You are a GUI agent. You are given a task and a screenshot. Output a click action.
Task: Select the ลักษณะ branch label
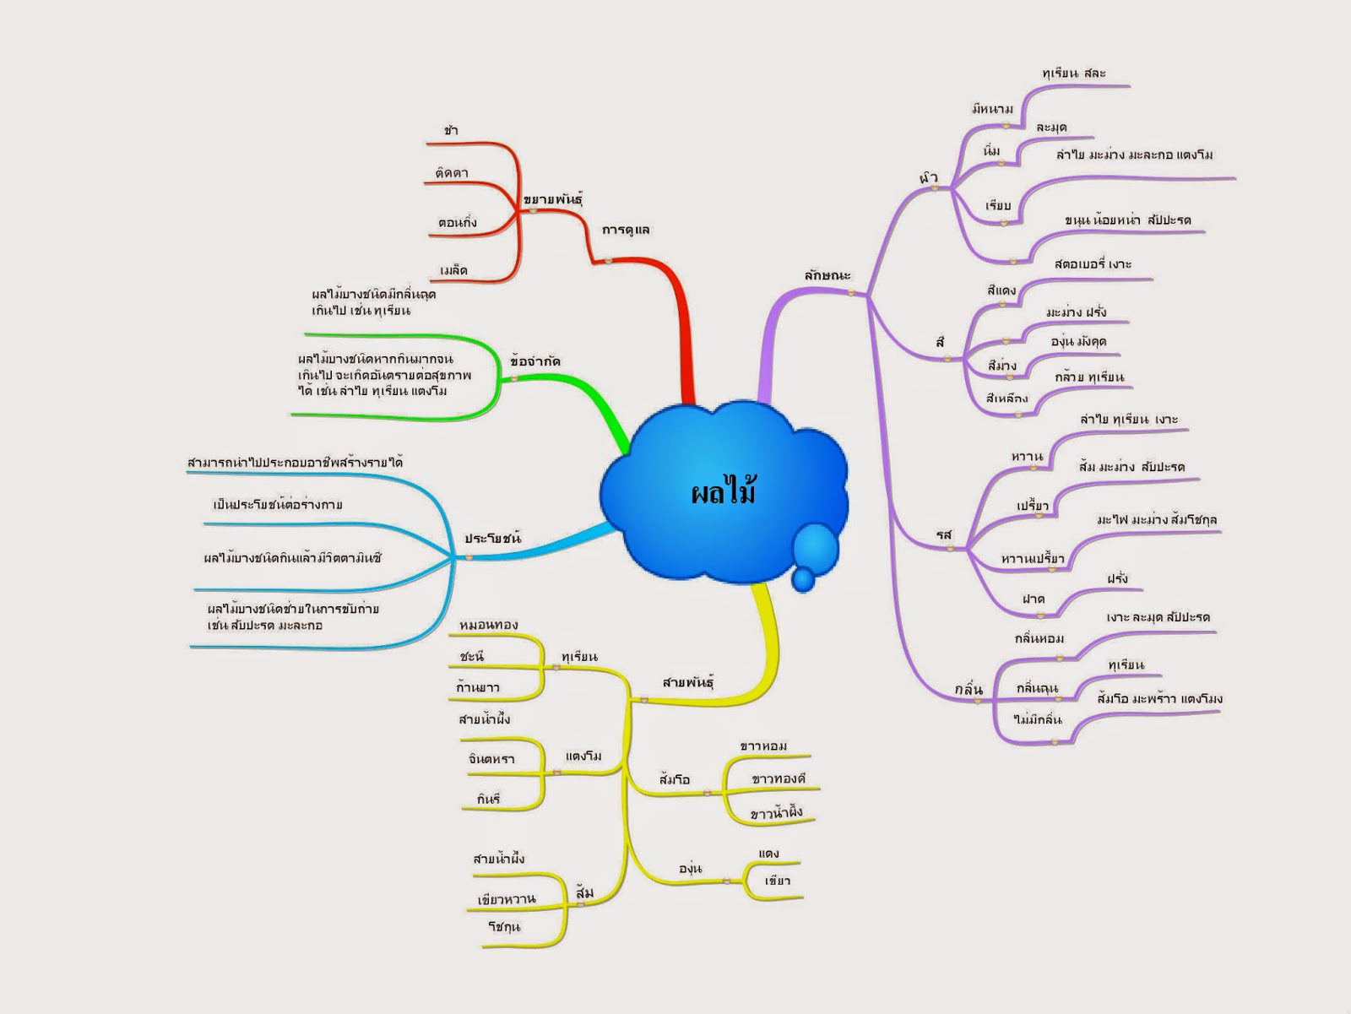coord(827,275)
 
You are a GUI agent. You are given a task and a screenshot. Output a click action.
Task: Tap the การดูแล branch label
coord(626,230)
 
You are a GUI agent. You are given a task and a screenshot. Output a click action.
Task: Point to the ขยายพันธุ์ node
coord(553,199)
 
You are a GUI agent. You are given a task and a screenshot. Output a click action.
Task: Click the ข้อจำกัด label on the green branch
coord(535,361)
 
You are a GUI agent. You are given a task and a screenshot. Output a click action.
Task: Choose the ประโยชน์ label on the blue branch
coord(492,538)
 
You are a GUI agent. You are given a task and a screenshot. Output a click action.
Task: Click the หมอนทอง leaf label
coord(488,625)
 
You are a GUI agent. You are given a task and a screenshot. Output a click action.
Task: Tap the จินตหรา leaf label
coord(491,758)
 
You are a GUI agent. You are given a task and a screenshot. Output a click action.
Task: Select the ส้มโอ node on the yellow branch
coord(675,779)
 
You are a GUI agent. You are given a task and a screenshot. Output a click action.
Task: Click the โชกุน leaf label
coord(504,926)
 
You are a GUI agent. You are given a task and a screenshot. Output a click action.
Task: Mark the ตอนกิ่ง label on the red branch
coord(458,223)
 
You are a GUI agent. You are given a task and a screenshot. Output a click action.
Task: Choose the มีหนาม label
coord(992,109)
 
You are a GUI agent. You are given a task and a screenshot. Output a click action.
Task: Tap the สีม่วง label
coord(1001,366)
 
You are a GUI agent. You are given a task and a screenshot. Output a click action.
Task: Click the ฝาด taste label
coord(1034,599)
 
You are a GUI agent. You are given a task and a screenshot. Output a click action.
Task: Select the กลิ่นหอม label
coord(1039,638)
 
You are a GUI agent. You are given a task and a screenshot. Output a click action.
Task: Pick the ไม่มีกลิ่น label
coord(1037,719)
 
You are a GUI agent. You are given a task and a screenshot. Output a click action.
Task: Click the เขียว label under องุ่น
coord(777,881)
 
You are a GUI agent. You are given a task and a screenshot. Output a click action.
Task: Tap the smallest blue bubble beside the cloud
coord(803,579)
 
